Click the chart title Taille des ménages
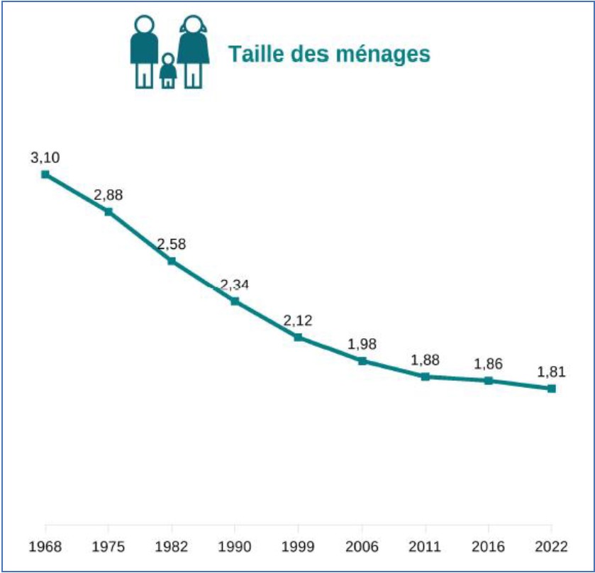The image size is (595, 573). [329, 54]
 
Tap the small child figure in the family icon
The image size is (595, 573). [167, 71]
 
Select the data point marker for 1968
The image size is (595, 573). [45, 174]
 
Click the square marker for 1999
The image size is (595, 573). [299, 337]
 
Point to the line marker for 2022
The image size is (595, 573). [551, 389]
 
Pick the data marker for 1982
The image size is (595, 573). [172, 260]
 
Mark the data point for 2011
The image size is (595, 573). [425, 377]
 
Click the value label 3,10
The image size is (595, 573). [45, 157]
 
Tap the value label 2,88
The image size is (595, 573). [108, 195]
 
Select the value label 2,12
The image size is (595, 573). [298, 321]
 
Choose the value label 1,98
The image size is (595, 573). [362, 345]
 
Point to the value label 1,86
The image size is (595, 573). [488, 365]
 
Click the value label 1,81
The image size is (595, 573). [551, 372]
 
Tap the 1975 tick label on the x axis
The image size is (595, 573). [108, 547]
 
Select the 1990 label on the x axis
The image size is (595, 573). [235, 547]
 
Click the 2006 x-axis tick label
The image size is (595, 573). [362, 547]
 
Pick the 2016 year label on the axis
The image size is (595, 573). [488, 547]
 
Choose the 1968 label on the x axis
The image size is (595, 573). [45, 547]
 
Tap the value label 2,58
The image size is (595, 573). [171, 245]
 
